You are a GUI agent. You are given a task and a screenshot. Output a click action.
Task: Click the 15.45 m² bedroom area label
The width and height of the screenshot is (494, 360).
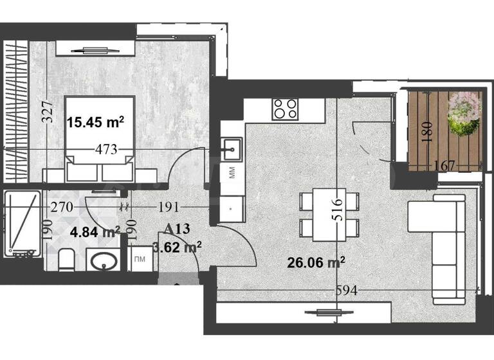pyautogui.click(x=96, y=121)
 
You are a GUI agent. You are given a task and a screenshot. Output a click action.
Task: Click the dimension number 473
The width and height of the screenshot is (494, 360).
pyautogui.click(x=106, y=150)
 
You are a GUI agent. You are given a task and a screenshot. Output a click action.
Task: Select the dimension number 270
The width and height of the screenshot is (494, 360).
pyautogui.click(x=64, y=207)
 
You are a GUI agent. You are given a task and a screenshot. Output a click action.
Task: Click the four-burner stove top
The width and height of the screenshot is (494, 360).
pyautogui.click(x=284, y=109)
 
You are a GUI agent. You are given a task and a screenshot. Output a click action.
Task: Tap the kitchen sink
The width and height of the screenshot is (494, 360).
pyautogui.click(x=231, y=149)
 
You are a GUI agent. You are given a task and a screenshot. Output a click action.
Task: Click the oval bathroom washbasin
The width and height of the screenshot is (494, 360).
pyautogui.click(x=102, y=262)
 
